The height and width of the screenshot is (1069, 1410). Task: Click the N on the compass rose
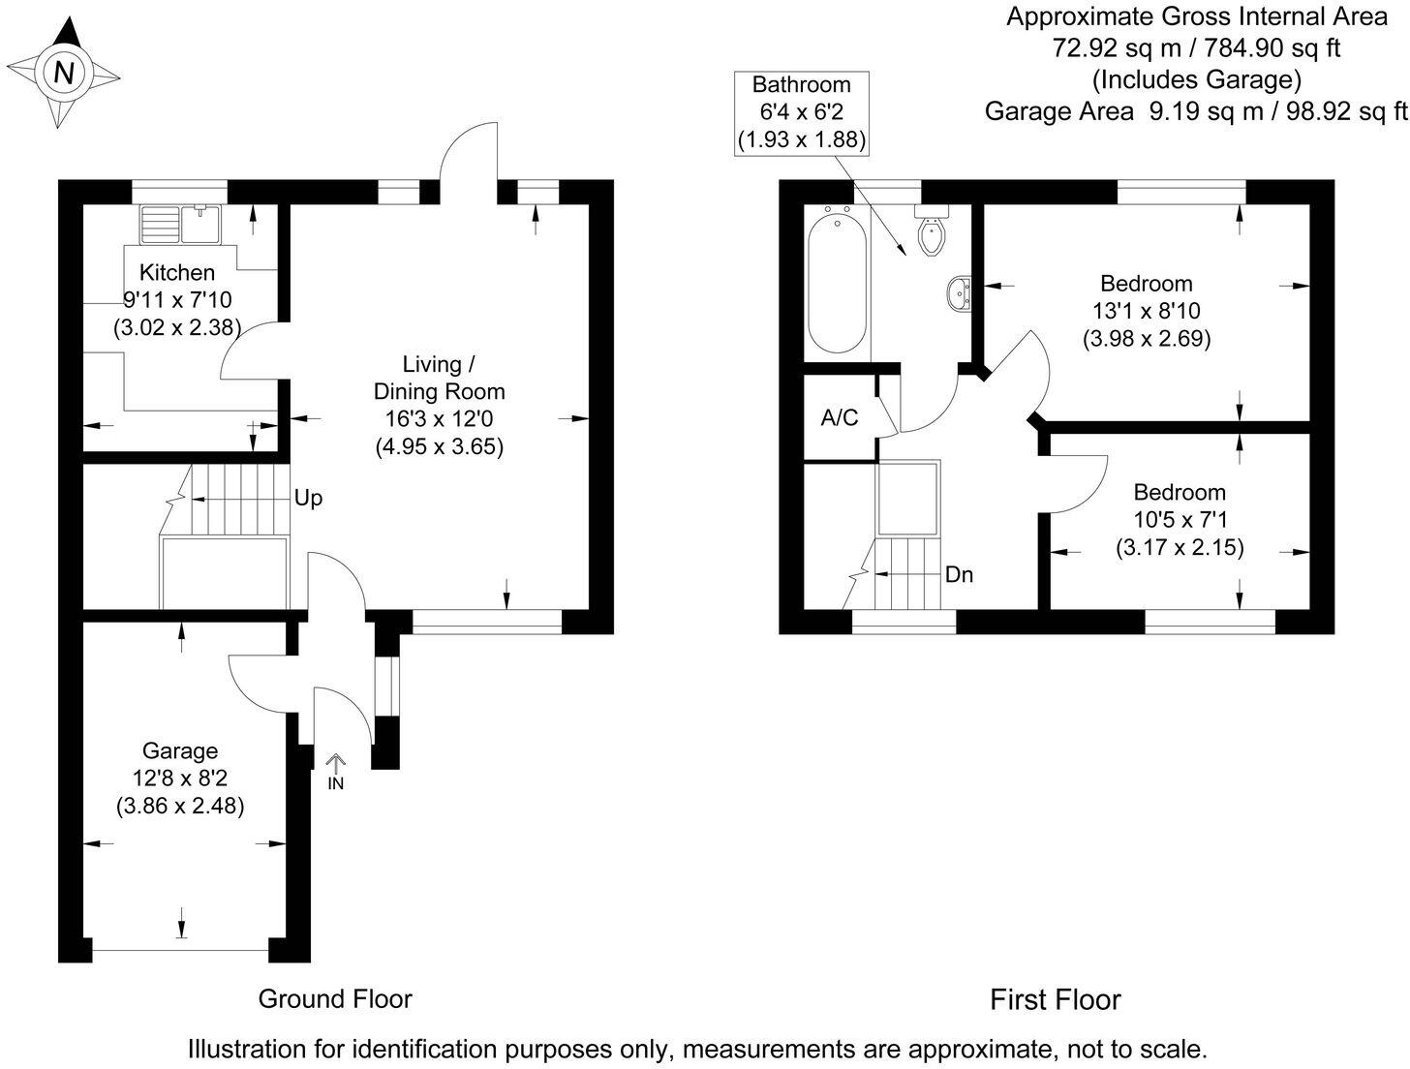(x=64, y=73)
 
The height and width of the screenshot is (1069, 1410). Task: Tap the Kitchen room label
(x=177, y=272)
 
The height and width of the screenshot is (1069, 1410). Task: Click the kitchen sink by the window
(x=181, y=224)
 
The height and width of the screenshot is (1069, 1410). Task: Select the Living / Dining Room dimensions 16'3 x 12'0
(x=440, y=419)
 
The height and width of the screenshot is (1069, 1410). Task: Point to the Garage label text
(x=180, y=750)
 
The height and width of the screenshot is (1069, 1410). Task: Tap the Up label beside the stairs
(x=308, y=499)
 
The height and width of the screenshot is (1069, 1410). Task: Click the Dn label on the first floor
(x=959, y=575)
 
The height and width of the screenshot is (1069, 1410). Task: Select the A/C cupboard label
(x=840, y=418)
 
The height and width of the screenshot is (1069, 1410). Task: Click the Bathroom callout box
(x=801, y=112)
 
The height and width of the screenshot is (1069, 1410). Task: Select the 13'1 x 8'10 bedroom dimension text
(x=1147, y=312)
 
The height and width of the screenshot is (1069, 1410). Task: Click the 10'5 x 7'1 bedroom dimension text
(x=1180, y=520)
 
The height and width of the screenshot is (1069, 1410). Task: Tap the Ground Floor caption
(x=335, y=998)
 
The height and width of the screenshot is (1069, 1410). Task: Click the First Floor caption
(x=1056, y=999)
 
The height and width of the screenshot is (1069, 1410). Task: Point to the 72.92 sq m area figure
(x=1106, y=46)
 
